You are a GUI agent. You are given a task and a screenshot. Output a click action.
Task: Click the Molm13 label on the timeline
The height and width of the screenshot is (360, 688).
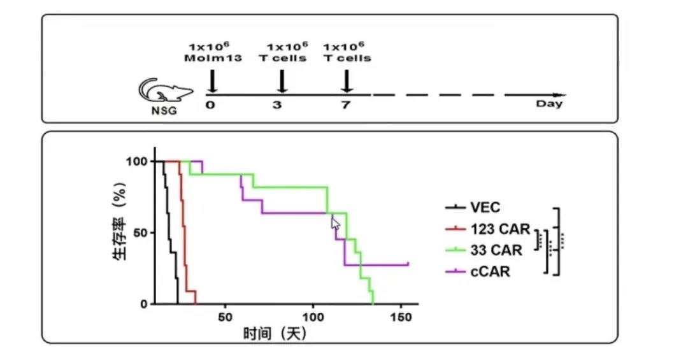pyautogui.click(x=209, y=58)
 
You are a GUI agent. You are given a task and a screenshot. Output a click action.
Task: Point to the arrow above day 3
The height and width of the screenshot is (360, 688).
pyautogui.click(x=282, y=82)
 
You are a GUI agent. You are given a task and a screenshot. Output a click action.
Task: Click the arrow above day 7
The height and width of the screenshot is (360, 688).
pyautogui.click(x=347, y=81)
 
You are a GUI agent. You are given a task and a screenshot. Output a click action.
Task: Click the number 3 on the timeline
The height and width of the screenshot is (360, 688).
pyautogui.click(x=277, y=104)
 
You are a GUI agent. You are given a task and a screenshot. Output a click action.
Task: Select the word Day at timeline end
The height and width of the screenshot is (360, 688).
pyautogui.click(x=549, y=104)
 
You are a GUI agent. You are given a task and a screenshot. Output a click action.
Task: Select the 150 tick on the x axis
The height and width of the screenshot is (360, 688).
pyautogui.click(x=401, y=317)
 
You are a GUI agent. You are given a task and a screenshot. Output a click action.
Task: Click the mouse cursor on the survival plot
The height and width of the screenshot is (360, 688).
pyautogui.click(x=335, y=222)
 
